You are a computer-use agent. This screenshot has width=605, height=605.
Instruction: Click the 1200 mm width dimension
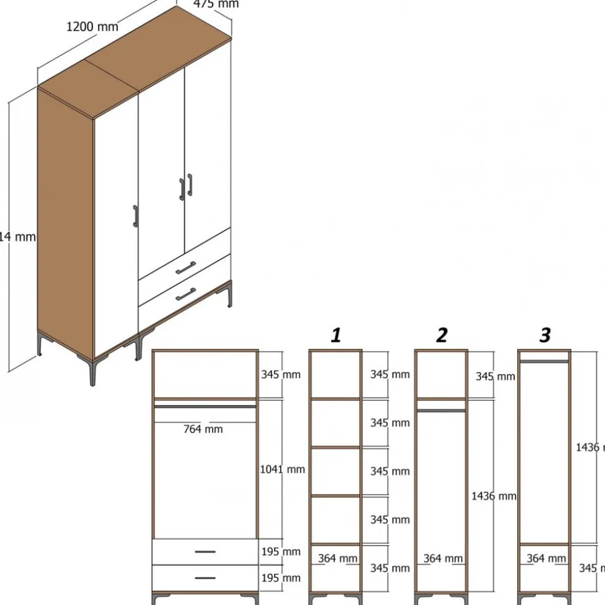coord(92,27)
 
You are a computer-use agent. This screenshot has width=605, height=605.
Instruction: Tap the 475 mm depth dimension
coord(216,4)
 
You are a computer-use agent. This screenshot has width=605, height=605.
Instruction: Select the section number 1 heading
coord(336,336)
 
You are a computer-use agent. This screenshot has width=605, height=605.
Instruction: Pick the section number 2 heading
coord(442,336)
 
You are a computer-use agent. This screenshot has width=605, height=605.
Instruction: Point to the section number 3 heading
coord(545,336)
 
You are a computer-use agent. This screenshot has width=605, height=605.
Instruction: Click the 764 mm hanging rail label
coord(203,429)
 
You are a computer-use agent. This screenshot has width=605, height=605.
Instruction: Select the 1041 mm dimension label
coord(283,469)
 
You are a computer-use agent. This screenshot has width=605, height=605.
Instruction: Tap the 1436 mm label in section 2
coord(493,496)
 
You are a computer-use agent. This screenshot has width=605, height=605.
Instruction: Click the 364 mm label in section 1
coord(337,559)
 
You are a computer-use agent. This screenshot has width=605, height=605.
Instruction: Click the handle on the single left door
coord(135,216)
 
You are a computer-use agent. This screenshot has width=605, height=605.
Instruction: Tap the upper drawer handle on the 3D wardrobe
coord(185,268)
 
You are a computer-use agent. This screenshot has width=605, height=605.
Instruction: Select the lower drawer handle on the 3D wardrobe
coord(185,294)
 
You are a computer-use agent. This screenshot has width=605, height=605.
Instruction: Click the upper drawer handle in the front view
coord(205,551)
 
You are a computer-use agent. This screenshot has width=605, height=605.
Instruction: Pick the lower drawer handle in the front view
coord(205,578)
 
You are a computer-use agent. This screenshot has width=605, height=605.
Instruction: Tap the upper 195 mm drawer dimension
coord(281,552)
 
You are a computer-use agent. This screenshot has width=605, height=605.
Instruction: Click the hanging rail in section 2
coord(442,410)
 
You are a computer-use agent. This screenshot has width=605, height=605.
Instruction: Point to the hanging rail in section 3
coord(544,361)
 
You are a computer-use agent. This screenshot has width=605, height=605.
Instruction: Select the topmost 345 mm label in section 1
coord(390,374)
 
